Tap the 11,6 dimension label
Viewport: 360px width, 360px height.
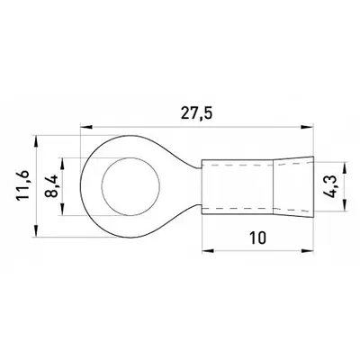[22, 185]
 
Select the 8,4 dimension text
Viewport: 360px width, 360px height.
[51, 186]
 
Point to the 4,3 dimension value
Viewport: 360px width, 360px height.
[330, 187]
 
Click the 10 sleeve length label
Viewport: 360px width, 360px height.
[257, 238]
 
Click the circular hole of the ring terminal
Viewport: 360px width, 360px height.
[130, 186]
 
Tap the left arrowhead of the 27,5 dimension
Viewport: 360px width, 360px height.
[86, 127]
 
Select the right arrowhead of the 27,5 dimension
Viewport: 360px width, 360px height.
[308, 127]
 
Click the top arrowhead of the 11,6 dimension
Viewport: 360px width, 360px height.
[36, 141]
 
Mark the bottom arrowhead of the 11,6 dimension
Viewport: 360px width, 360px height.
[36, 232]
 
